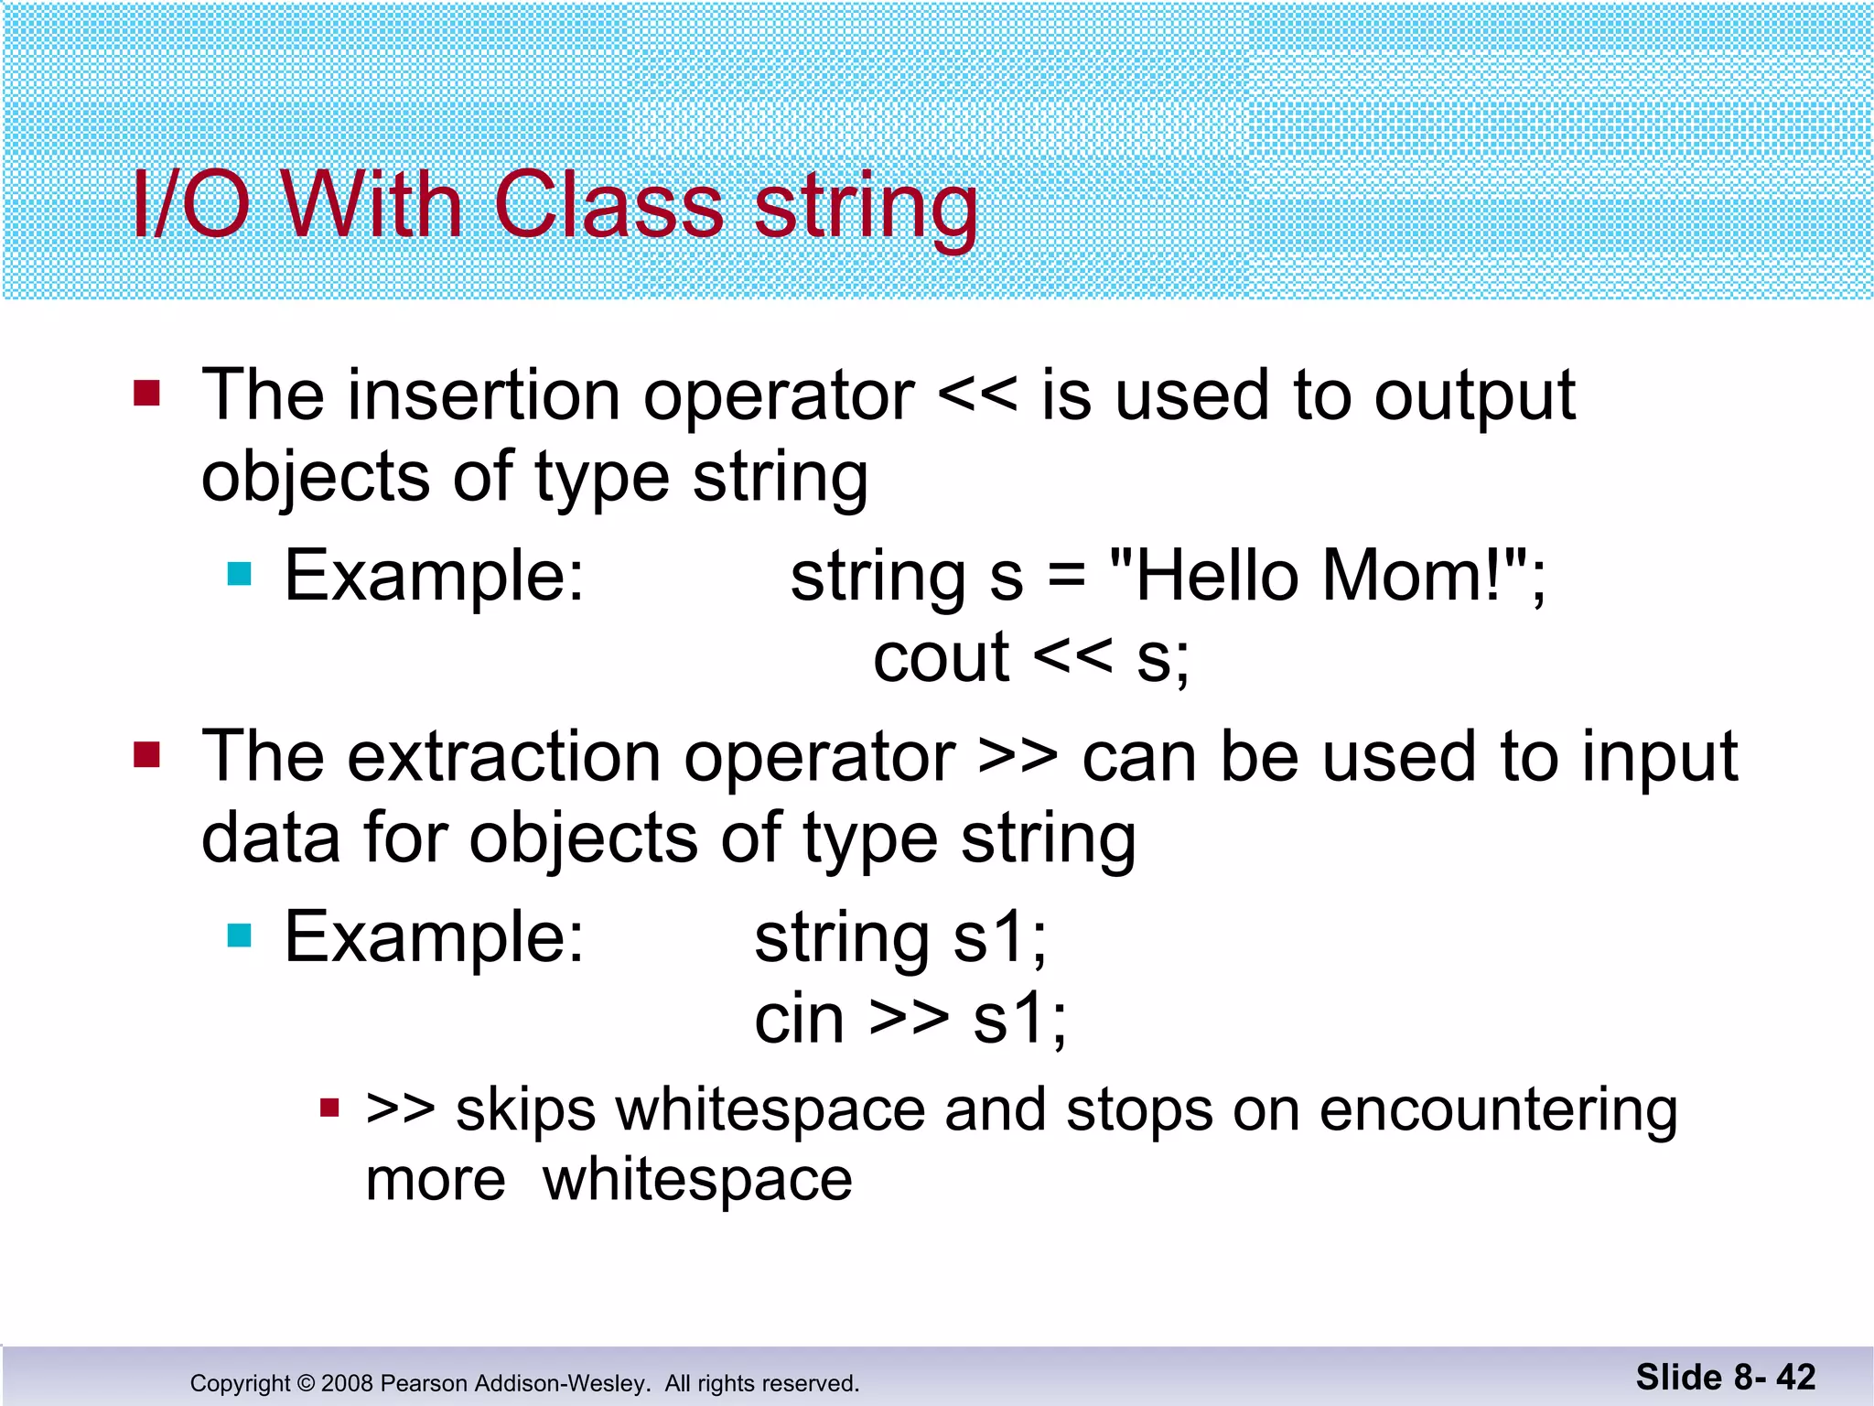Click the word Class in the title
tap(609, 205)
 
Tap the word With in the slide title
tap(370, 205)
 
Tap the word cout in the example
tap(941, 658)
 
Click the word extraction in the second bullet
tap(503, 758)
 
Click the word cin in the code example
tap(798, 1020)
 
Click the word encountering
tap(1498, 1111)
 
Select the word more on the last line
tap(436, 1181)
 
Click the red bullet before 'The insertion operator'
tap(146, 394)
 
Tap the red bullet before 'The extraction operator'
tap(146, 755)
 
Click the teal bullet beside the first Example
tap(239, 574)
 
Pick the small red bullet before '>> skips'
tap(329, 1109)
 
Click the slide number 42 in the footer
tap(1795, 1377)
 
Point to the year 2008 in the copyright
tap(347, 1383)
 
